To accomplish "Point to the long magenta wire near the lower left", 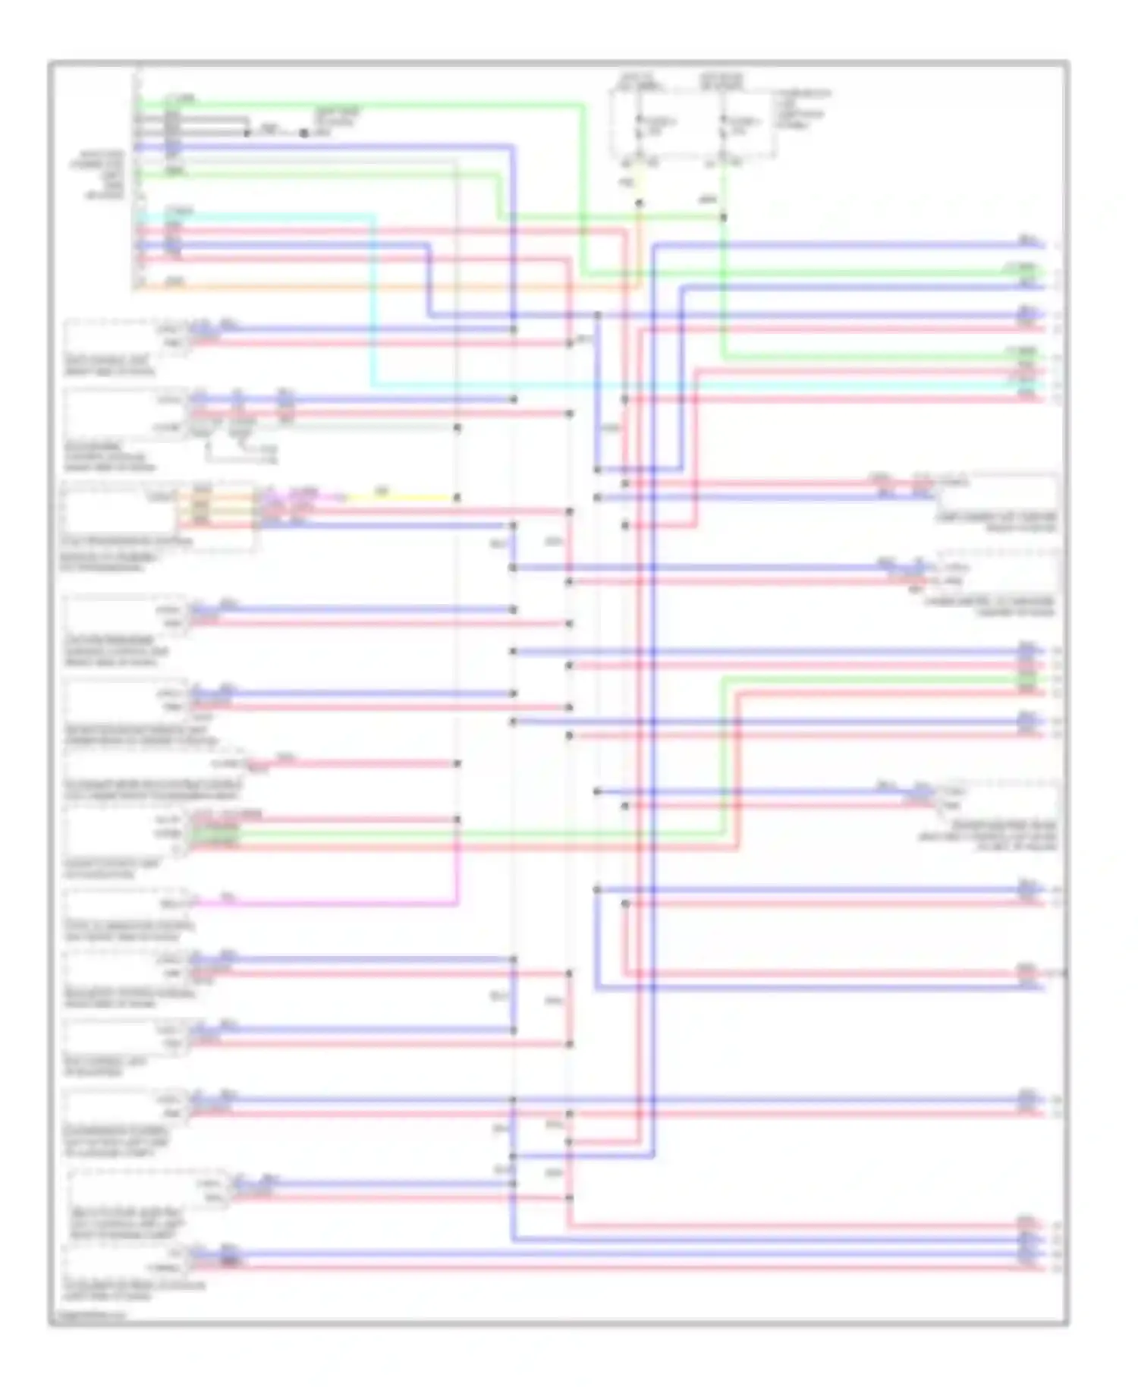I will (326, 904).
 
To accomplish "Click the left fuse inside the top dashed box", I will (640, 125).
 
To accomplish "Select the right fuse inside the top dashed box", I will (724, 125).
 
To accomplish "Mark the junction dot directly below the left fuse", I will (640, 203).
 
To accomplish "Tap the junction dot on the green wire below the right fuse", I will (724, 217).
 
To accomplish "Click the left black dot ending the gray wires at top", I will (248, 133).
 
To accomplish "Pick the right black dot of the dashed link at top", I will (303, 133).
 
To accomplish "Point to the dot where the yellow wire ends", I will (457, 498).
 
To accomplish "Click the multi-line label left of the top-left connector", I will (105, 175).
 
